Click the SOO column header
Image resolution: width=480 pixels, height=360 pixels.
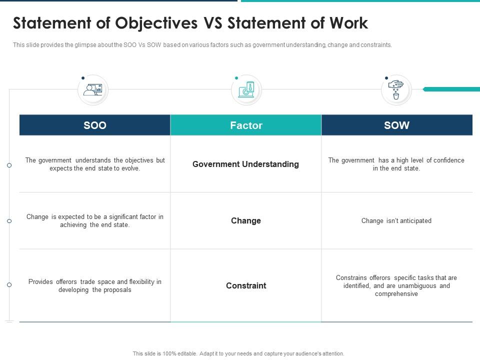coord(95,125)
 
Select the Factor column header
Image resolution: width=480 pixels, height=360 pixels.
coord(246,125)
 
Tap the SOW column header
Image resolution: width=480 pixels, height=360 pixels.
coord(396,125)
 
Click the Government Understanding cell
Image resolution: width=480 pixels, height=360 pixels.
coord(245,164)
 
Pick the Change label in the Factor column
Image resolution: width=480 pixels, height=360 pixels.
coord(246,220)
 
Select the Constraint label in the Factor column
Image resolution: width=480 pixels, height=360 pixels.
coord(246,285)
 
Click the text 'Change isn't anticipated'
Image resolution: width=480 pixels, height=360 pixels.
coord(396,220)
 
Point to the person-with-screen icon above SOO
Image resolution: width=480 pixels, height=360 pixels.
coord(93,89)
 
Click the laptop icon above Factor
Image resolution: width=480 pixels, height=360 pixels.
coord(246,90)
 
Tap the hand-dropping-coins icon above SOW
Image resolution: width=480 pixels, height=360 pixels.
coord(396,90)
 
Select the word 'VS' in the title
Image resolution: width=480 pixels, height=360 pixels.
coord(213,23)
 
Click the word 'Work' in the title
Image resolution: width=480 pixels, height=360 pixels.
coord(348,23)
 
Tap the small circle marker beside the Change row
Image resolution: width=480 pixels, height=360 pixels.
coord(9,221)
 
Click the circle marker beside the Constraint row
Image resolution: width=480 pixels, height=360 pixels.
coord(9,284)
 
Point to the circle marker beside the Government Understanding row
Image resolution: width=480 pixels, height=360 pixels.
coord(9,165)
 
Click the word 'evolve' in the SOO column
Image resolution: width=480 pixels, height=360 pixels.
coord(130,168)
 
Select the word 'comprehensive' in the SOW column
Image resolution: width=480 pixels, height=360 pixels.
coord(396,294)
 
